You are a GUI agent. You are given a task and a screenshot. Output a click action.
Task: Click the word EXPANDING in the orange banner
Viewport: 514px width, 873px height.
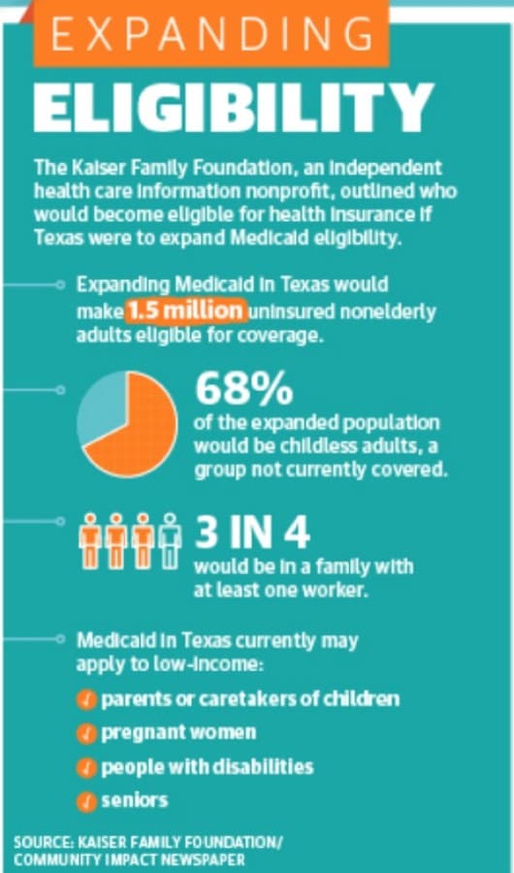click(211, 34)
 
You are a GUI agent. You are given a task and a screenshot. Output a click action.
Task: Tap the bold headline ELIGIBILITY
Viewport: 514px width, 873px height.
click(234, 108)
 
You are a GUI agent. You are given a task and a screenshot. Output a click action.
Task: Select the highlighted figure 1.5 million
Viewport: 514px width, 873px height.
click(185, 311)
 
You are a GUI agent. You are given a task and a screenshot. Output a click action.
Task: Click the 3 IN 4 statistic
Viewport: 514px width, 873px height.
click(252, 533)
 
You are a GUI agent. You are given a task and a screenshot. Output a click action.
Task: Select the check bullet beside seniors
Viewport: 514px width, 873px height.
click(86, 802)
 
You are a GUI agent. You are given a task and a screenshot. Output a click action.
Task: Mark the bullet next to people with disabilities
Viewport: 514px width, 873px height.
click(86, 768)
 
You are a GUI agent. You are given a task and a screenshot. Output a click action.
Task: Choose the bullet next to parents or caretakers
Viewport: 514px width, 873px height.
click(86, 699)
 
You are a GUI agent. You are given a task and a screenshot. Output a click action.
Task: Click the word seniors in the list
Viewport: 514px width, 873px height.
click(134, 801)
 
